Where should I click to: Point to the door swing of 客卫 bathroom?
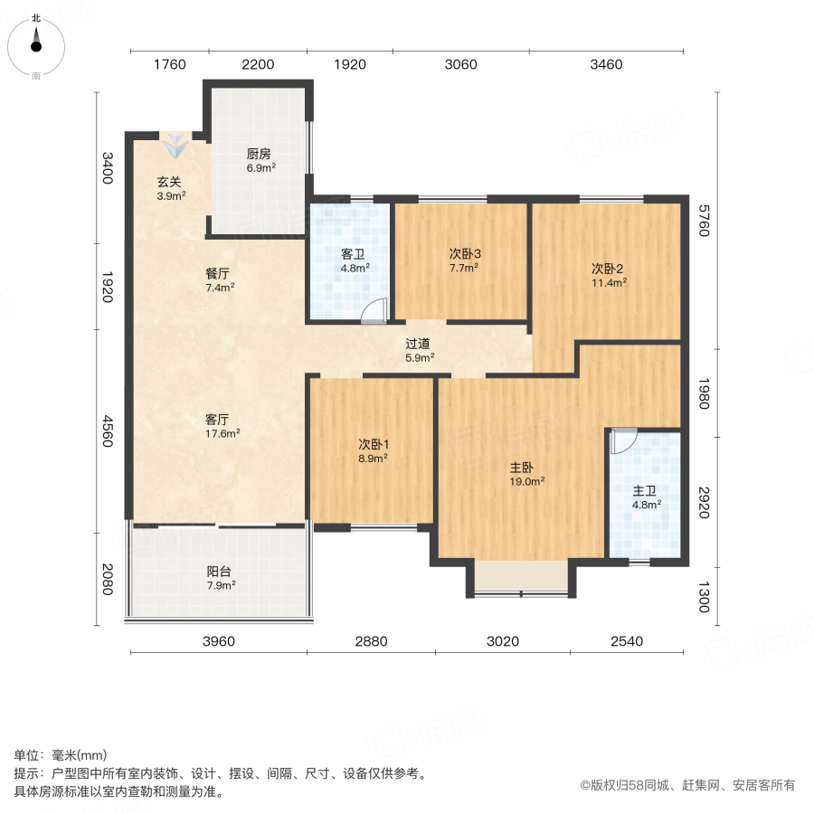(x=372, y=311)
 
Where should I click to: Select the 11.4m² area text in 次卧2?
(x=609, y=282)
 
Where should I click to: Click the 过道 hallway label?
(x=417, y=343)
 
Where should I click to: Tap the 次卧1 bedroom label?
(x=373, y=444)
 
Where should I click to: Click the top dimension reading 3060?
(x=460, y=64)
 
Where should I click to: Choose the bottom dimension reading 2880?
(x=371, y=641)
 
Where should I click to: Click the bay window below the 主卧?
(x=521, y=578)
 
